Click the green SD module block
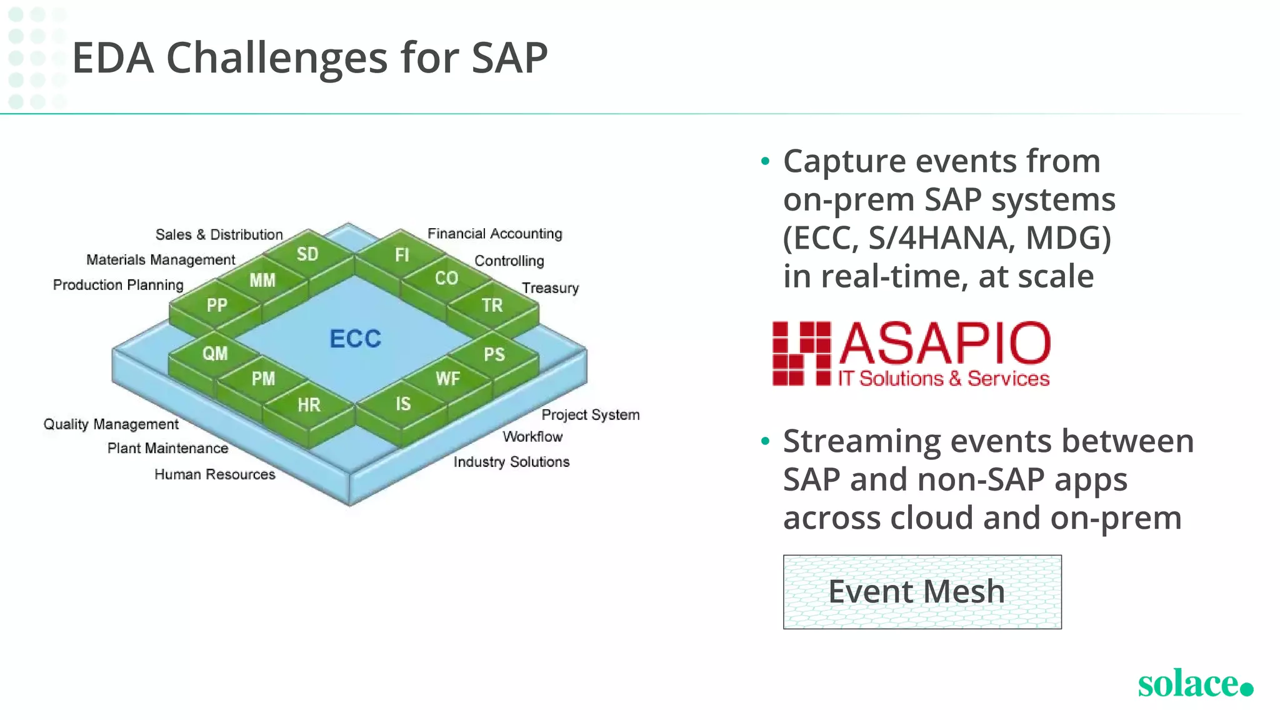coord(307,254)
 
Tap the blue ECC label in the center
coord(355,339)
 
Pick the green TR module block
coord(492,306)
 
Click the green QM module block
coord(215,354)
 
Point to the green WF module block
coord(447,379)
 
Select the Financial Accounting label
coord(494,234)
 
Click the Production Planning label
coord(118,285)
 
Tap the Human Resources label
coord(214,474)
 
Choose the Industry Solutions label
coord(511,462)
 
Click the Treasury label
coord(550,288)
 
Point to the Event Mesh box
coord(922,591)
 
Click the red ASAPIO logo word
coord(944,343)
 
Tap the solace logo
coord(1194,683)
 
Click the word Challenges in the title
coord(277,58)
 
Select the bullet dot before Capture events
coord(765,162)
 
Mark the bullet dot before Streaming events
coord(765,442)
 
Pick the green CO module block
coord(446,279)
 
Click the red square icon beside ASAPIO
coord(801,354)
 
